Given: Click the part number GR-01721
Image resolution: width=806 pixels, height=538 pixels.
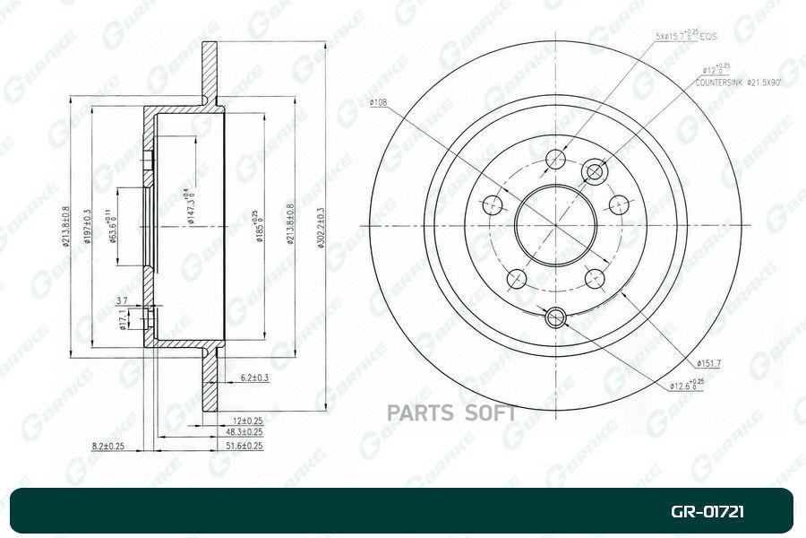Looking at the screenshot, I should click(707, 513).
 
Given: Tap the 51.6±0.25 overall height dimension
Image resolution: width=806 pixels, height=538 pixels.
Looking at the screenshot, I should click(242, 445).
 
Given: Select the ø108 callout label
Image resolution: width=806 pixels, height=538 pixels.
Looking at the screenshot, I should click(378, 103).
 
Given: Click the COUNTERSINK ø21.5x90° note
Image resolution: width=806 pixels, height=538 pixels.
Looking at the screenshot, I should click(740, 82).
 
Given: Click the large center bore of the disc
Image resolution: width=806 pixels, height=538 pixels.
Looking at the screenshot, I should click(555, 225).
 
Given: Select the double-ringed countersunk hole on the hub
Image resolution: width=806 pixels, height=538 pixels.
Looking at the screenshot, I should click(594, 170).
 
